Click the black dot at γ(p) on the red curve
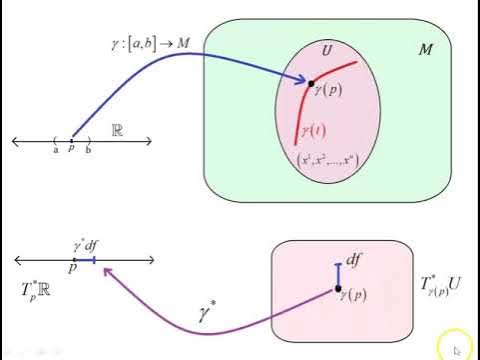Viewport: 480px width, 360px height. (312, 83)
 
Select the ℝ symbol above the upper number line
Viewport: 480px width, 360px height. (117, 131)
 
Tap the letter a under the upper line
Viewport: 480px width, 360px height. (55, 150)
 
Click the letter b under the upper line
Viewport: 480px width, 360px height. (88, 150)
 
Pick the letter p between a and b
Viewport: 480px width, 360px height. (71, 150)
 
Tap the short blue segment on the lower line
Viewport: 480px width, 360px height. (88, 260)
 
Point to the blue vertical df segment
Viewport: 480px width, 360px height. (337, 271)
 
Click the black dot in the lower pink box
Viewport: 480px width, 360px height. (337, 290)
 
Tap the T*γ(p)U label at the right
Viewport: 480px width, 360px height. (441, 291)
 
